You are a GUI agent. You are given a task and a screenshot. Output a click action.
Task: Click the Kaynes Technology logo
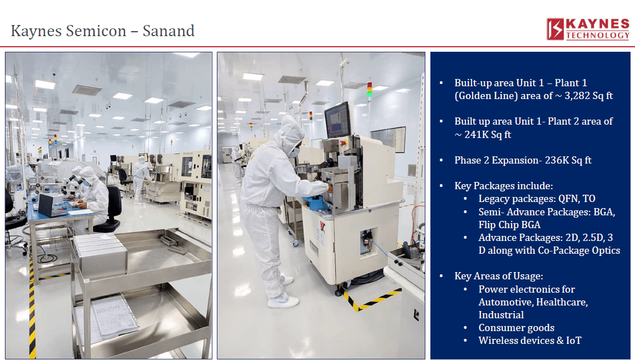588,29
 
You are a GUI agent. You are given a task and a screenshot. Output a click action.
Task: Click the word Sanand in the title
168,31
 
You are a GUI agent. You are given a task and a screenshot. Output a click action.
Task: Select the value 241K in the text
475,134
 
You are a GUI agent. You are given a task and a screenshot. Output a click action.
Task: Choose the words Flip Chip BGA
509,225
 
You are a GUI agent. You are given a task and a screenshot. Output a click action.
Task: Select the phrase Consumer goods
517,328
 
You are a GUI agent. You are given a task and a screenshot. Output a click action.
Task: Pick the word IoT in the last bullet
573,341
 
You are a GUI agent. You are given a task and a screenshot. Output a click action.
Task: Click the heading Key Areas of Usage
499,276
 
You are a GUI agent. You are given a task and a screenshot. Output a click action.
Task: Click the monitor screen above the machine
338,120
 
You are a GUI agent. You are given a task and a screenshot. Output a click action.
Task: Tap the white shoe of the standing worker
283,301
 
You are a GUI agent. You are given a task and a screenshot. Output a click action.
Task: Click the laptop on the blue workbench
48,206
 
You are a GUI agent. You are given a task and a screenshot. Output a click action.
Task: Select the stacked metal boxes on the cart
100,255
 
